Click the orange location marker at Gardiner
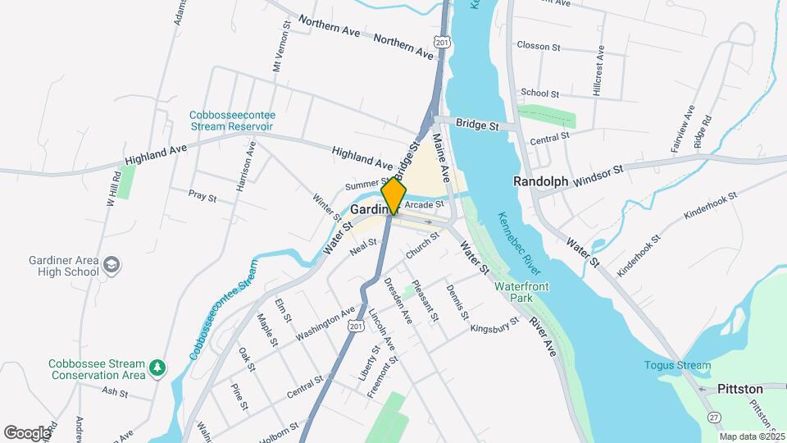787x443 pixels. (393, 195)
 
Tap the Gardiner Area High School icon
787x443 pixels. (111, 265)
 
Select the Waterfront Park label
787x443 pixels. (521, 292)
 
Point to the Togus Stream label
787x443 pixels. (677, 365)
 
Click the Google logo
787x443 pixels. (27, 432)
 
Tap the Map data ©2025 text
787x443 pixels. (752, 436)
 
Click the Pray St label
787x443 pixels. (202, 197)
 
